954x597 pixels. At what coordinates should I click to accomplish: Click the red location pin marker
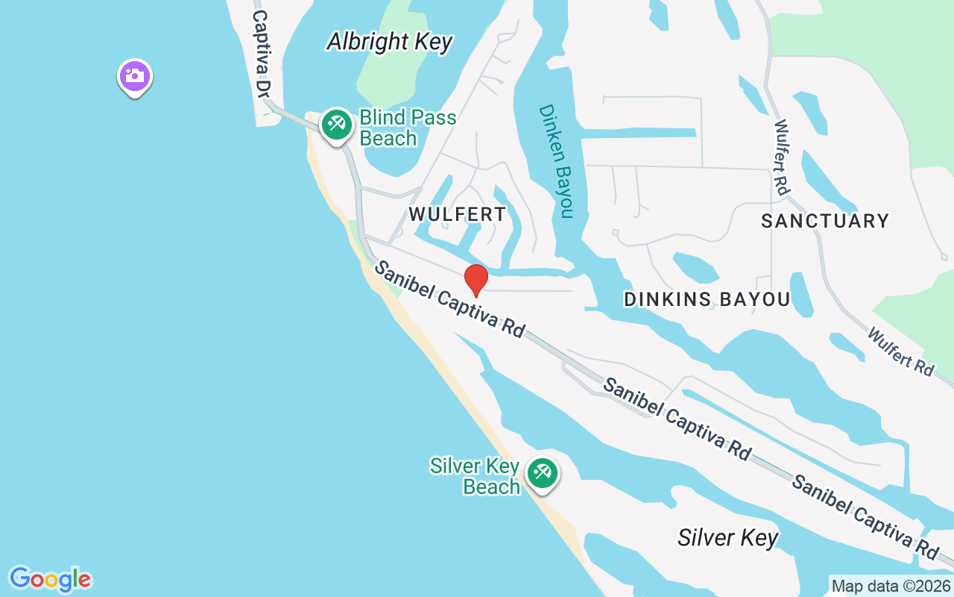(x=476, y=280)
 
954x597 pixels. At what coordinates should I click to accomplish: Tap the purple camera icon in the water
(x=135, y=76)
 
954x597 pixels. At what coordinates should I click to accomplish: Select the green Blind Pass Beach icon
(x=336, y=124)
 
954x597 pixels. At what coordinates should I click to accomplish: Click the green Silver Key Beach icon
(x=542, y=473)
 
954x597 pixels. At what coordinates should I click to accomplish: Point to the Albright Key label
(x=389, y=42)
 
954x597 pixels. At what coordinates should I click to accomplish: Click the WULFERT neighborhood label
(x=457, y=215)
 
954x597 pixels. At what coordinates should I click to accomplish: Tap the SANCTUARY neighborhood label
(x=825, y=221)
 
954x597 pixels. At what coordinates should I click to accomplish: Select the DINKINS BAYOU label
(x=707, y=300)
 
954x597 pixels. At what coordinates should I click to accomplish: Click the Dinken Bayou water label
(x=557, y=161)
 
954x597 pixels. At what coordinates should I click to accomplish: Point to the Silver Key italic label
(x=727, y=538)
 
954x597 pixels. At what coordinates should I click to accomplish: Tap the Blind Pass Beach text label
(x=407, y=128)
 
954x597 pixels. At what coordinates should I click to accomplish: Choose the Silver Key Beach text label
(x=475, y=476)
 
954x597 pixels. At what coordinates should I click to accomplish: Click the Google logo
(x=50, y=579)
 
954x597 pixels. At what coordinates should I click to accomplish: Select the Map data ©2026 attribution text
(x=891, y=586)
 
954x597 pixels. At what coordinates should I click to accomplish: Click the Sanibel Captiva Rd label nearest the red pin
(x=449, y=298)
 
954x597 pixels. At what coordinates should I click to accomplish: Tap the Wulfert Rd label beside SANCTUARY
(x=782, y=157)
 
